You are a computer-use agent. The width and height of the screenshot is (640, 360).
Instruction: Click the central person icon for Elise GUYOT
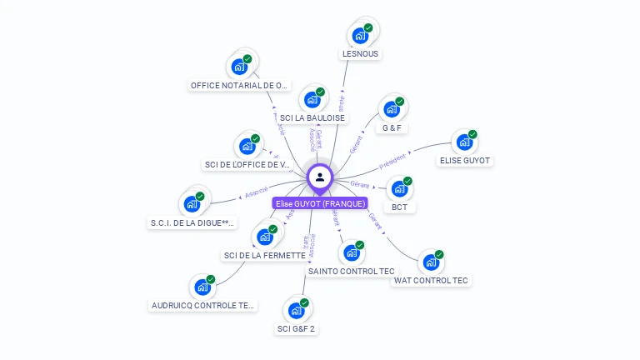tap(320, 177)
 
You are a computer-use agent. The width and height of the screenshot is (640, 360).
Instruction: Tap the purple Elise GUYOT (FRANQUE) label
tap(320, 203)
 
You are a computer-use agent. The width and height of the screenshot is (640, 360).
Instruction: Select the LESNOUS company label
tap(360, 54)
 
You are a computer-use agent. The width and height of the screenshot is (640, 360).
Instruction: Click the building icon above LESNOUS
tap(360, 35)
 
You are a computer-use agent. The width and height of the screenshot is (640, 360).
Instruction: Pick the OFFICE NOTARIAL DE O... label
tap(240, 85)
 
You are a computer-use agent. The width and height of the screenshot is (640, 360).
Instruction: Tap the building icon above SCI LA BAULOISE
tap(312, 100)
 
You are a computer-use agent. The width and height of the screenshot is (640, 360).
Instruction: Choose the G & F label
tap(392, 128)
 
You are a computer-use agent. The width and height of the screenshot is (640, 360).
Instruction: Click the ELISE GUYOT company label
tap(465, 160)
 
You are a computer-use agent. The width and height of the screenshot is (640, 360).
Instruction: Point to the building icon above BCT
tap(399, 188)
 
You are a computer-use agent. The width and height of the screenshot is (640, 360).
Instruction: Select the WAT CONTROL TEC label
tap(431, 281)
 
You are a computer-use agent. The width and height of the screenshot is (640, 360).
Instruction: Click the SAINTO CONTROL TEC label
tap(352, 271)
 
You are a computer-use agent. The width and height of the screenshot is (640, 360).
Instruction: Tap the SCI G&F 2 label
tap(296, 328)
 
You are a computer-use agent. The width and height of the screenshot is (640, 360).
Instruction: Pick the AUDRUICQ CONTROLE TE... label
tap(202, 306)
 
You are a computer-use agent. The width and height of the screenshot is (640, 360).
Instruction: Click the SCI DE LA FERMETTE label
tap(265, 255)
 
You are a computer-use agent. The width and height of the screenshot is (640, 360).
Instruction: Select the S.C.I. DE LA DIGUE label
tap(192, 222)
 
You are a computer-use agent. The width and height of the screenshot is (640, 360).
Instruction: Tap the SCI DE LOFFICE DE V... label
tap(247, 164)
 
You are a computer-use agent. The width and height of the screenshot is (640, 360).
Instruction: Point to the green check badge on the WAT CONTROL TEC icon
tap(439, 254)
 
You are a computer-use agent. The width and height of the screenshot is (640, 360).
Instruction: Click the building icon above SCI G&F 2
tap(296, 310)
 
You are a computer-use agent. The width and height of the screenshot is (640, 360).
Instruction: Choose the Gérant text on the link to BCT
tap(360, 184)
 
